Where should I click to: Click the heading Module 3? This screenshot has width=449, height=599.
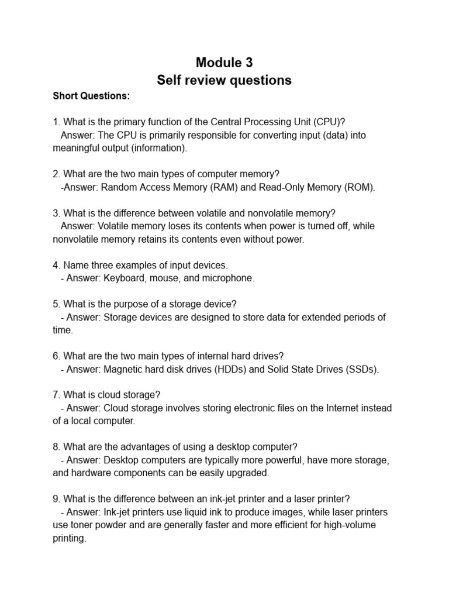[224, 62]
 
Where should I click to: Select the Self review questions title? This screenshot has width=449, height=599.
[224, 80]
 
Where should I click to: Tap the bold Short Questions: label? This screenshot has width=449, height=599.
[92, 96]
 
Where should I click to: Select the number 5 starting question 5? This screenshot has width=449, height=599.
[56, 304]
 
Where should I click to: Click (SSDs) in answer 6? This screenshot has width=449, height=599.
[362, 370]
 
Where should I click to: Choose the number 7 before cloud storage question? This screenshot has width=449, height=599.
[56, 395]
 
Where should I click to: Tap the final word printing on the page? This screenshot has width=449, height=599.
[68, 538]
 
